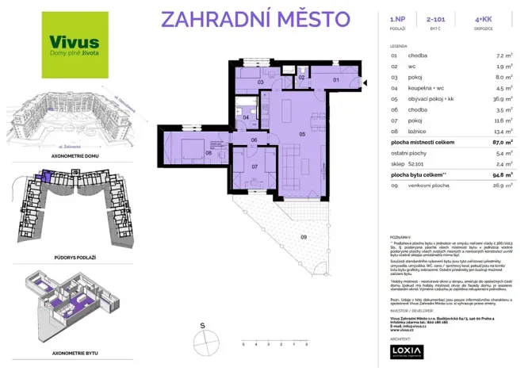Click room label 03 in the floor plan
tap(259, 82)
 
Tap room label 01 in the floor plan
tap(335, 80)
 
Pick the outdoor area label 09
tap(304, 236)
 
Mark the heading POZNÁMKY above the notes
tap(400, 236)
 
